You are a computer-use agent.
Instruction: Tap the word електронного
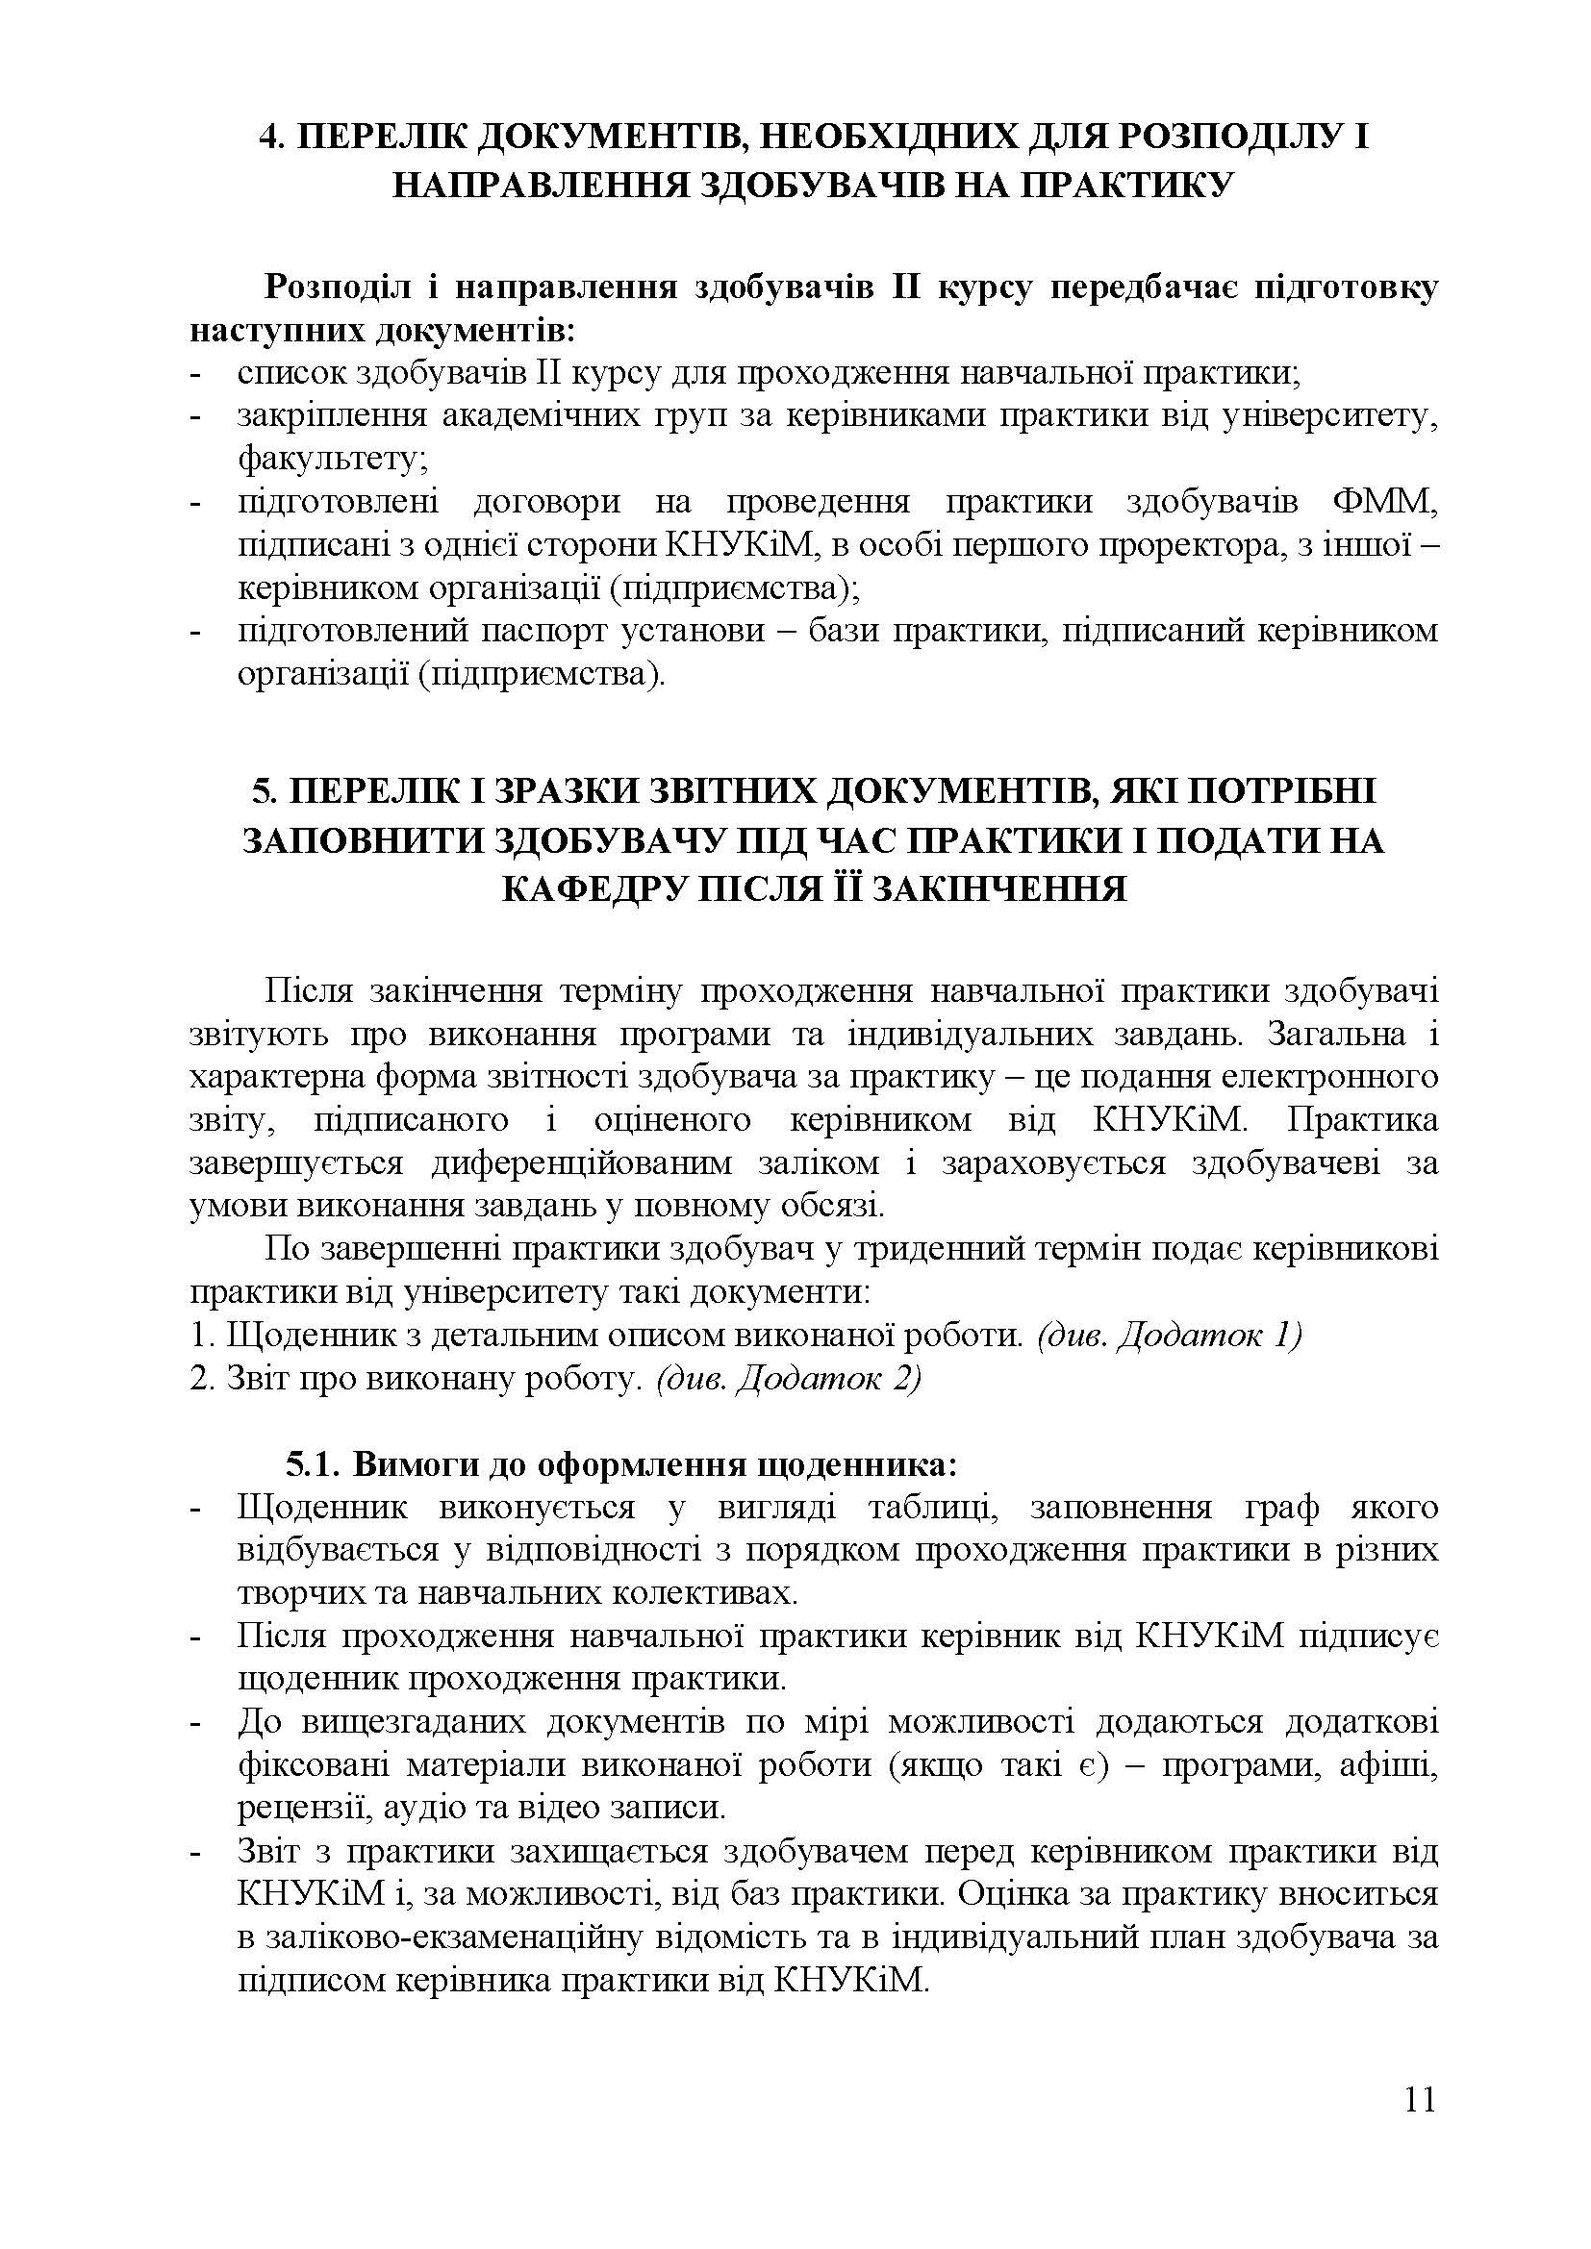coord(1338,1077)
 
